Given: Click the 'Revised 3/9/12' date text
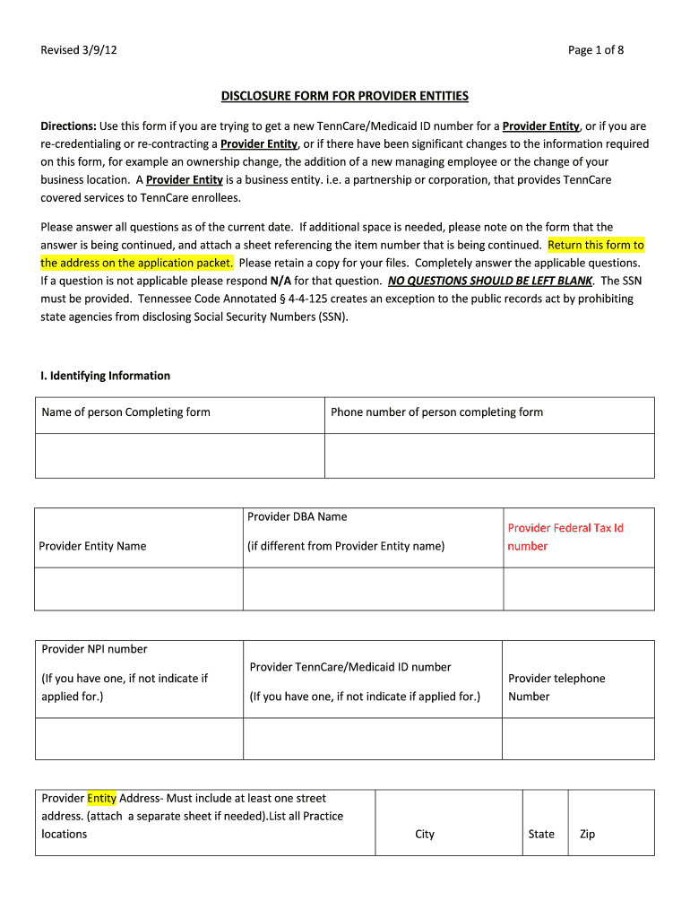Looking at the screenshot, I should point(79,50).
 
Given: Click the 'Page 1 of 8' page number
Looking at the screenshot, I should point(595,50).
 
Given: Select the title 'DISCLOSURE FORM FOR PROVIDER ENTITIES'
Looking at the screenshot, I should point(345,96).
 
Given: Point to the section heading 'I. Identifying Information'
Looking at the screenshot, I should point(105,376).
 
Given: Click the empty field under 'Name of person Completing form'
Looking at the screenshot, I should point(179,455).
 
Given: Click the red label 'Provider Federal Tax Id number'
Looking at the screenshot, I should point(565,537).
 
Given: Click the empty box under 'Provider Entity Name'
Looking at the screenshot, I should point(139,588).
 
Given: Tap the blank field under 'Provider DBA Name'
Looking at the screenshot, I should point(373,588).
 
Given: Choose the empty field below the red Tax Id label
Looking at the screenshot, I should point(579,588).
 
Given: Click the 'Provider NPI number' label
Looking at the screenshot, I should point(94,649).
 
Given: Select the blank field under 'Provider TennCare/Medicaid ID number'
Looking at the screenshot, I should point(372,738).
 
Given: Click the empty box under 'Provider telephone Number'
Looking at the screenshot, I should point(578,738).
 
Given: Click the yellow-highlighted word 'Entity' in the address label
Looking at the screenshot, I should point(102,798).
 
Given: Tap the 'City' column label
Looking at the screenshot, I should point(425,834).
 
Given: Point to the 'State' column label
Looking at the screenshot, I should point(541,834).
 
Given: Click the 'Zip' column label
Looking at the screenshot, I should point(588,834).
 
